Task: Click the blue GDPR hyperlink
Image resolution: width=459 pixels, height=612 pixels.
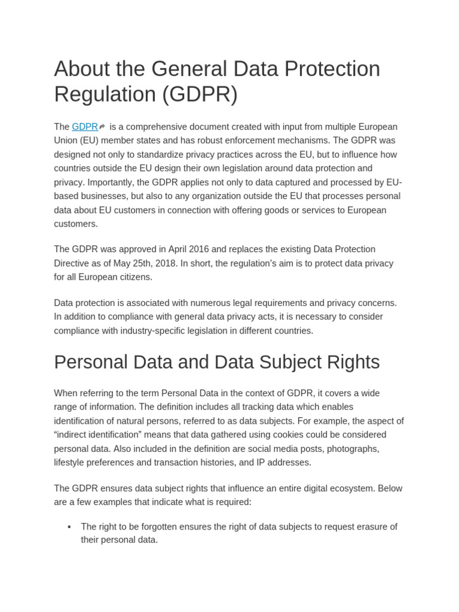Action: (x=85, y=127)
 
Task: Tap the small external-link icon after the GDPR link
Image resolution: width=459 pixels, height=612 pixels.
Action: (x=102, y=127)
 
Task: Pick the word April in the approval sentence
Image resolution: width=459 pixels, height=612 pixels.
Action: (x=180, y=249)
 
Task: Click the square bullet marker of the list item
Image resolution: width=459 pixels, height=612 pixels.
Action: (x=69, y=527)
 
